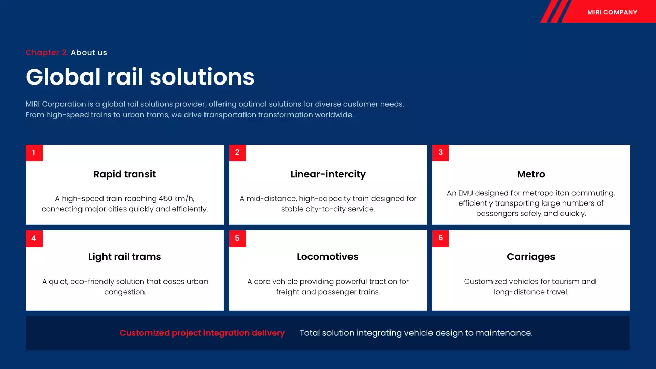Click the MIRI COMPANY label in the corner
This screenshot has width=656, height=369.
612,12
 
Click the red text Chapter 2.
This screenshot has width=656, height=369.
47,53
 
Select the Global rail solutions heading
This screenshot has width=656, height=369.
140,77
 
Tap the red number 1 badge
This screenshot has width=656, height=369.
34,153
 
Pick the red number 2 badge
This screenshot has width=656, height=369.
237,153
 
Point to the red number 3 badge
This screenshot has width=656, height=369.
440,153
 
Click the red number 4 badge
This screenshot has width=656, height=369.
34,238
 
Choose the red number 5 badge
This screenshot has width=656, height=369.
237,238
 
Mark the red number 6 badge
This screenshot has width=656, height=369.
440,238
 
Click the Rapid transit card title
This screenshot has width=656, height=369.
125,174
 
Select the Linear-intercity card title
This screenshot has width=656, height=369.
328,174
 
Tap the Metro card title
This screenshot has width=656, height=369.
531,174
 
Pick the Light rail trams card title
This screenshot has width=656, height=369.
125,257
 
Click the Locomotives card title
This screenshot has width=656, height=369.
327,257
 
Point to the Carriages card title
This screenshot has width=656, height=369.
531,257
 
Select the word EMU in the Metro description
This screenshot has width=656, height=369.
465,193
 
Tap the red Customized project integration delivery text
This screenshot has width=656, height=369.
202,333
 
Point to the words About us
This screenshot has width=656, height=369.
89,53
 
